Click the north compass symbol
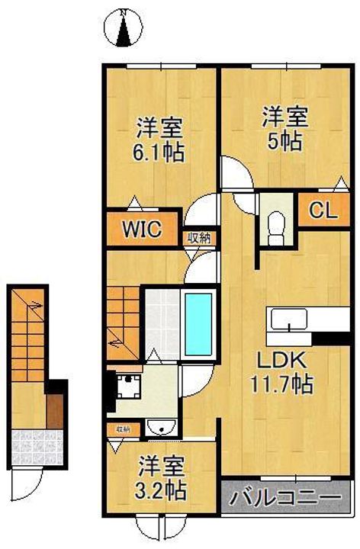[124, 28]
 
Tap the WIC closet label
[142, 229]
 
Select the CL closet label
[323, 210]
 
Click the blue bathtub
[198, 324]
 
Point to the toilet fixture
[277, 227]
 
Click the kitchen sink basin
[289, 319]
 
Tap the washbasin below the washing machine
[160, 427]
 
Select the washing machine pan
[129, 386]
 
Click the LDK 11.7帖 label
[282, 373]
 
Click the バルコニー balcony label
[286, 497]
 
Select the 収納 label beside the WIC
[200, 239]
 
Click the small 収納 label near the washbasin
[123, 429]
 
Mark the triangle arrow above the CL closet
[340, 185]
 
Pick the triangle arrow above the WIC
[134, 203]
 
